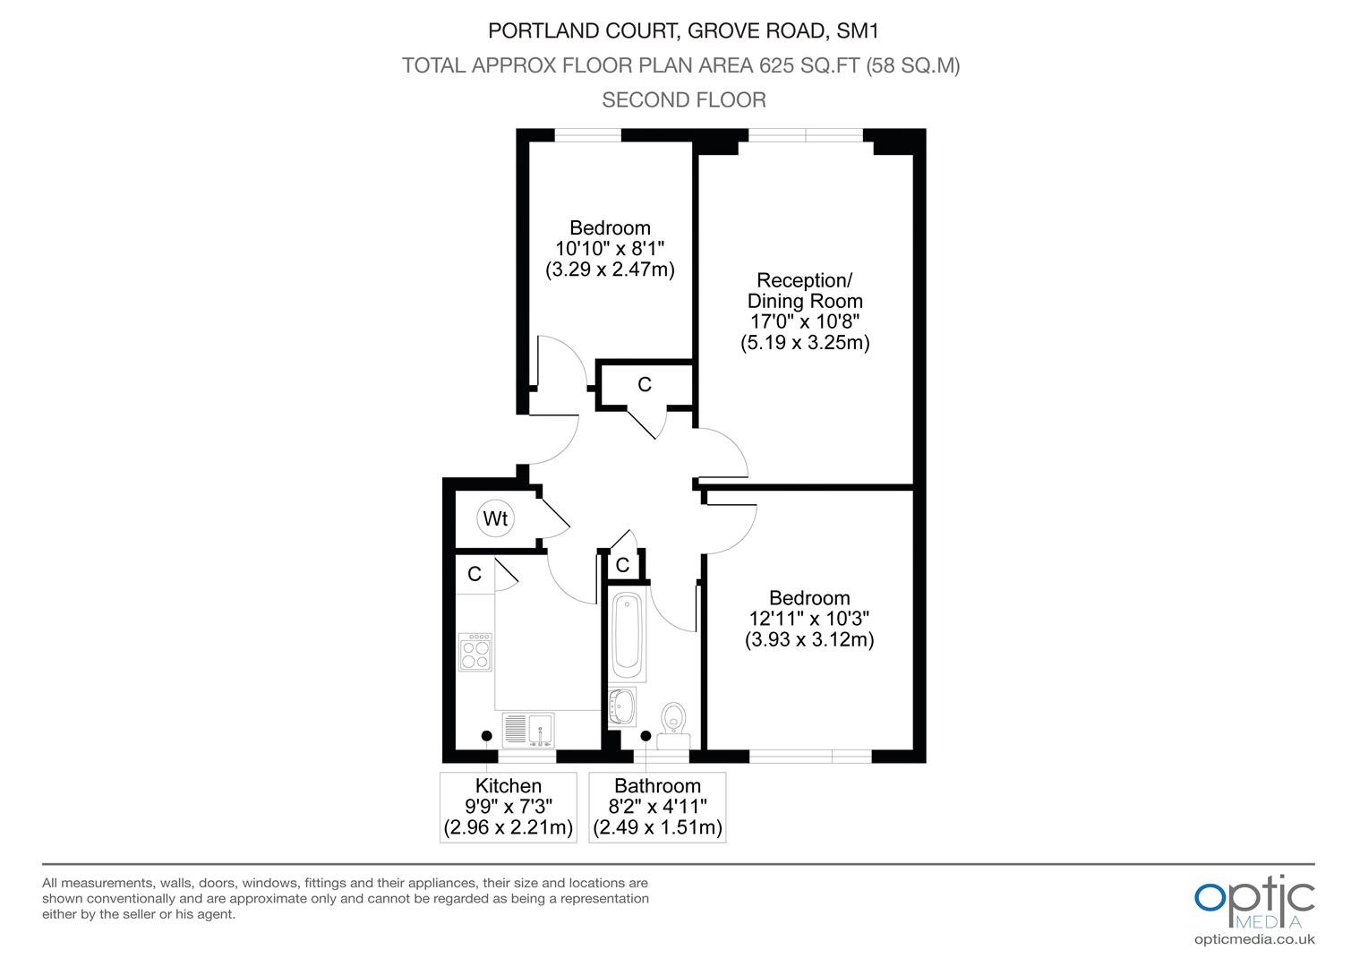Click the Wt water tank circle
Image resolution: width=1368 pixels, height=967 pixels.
495,518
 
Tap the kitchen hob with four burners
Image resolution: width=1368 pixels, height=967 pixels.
475,652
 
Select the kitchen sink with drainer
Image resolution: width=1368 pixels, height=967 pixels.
528,730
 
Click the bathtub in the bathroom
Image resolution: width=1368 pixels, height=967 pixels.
627,636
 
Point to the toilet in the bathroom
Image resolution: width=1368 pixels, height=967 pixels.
673,726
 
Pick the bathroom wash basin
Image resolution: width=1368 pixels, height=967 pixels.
622,706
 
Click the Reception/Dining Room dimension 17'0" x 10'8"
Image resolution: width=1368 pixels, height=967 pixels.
805,321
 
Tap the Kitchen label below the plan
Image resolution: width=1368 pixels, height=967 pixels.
509,785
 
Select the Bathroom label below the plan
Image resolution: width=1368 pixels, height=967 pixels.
657,785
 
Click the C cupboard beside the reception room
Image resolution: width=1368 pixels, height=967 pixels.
645,384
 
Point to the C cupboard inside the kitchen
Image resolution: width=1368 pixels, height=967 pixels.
475,574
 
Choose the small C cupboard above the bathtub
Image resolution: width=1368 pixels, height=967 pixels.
622,565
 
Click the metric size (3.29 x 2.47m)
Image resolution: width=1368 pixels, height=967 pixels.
610,270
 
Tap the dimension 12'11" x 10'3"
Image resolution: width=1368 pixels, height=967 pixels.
809,619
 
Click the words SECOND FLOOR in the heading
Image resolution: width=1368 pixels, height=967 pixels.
684,99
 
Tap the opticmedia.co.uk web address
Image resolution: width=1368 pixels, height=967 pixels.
1254,939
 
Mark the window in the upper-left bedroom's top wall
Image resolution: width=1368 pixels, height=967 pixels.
587,135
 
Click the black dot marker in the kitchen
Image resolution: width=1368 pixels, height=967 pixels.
487,735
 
